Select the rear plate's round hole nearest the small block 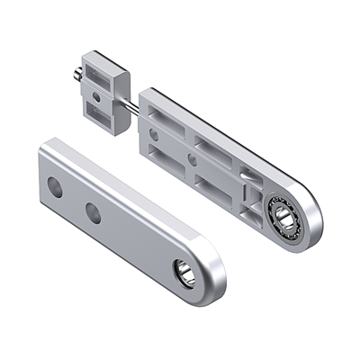(154, 132)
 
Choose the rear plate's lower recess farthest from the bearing (167, 162)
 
